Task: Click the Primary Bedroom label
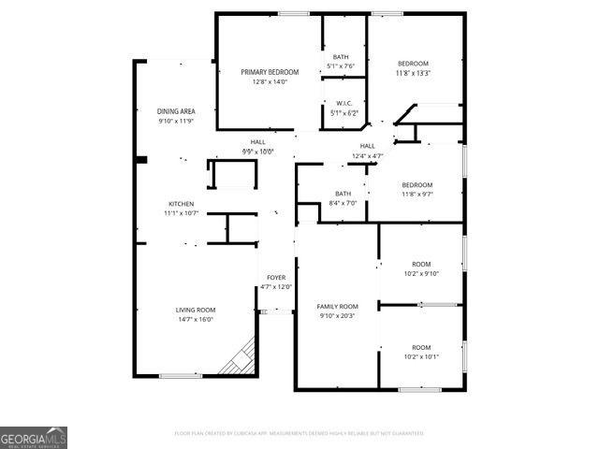(x=270, y=72)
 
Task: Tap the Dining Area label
(x=176, y=110)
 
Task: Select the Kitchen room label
(x=181, y=204)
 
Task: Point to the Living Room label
(x=196, y=310)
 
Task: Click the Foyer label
(x=276, y=278)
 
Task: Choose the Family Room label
(x=337, y=306)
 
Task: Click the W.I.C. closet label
(x=343, y=104)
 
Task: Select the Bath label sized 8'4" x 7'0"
(x=343, y=194)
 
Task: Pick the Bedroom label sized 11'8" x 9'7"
(x=416, y=184)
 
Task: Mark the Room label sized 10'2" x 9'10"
(x=421, y=264)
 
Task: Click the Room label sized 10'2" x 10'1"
(x=421, y=347)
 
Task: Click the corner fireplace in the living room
(x=241, y=360)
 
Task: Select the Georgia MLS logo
(x=34, y=438)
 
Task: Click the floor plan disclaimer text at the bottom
(x=299, y=433)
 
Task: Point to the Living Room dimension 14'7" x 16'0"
(x=196, y=319)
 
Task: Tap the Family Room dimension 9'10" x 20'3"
(x=337, y=315)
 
